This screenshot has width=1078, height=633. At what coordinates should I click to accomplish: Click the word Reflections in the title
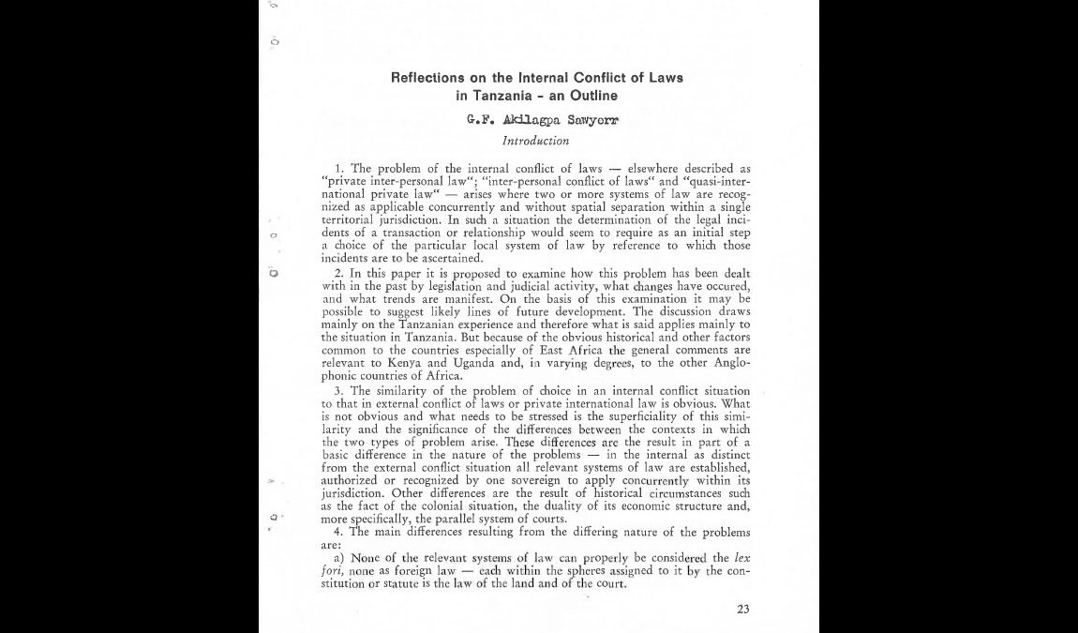[x=427, y=77]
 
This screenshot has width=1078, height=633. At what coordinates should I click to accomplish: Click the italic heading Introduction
[x=535, y=141]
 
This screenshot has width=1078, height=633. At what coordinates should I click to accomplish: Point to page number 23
[x=742, y=609]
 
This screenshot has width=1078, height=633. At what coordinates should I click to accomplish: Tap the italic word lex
[x=741, y=558]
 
